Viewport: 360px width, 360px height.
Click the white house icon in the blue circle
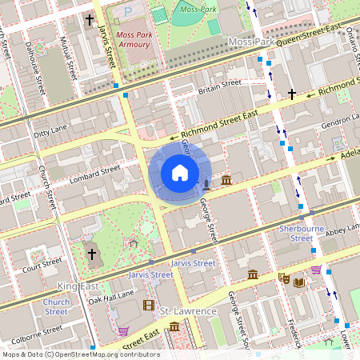click(x=180, y=173)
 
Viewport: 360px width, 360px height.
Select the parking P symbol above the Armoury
click(x=129, y=12)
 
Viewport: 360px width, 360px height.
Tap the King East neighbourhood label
click(x=78, y=286)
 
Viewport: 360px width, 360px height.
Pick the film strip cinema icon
click(x=148, y=305)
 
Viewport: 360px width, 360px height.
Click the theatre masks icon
click(x=283, y=278)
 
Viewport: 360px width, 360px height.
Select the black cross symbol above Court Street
click(x=91, y=254)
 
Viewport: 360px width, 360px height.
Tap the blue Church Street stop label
click(x=56, y=307)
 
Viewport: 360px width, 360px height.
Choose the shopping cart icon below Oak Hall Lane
click(x=123, y=330)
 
